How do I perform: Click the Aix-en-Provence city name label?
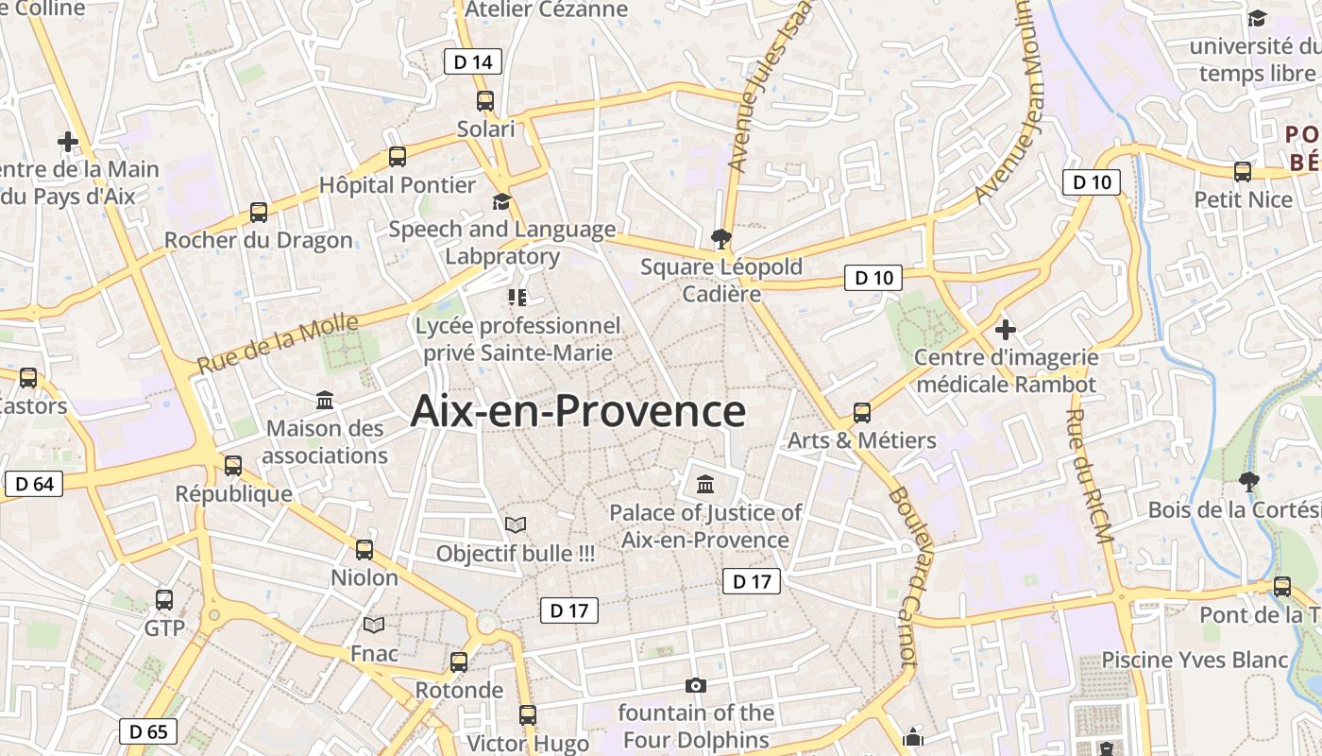[x=578, y=412]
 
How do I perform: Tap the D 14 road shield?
[x=472, y=62]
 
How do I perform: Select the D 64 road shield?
[x=34, y=485]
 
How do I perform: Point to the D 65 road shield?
[x=148, y=731]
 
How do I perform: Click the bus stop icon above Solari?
[x=485, y=101]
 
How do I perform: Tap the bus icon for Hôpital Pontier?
[x=398, y=157]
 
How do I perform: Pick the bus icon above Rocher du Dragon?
[x=259, y=213]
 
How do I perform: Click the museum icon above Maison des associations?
[x=326, y=401]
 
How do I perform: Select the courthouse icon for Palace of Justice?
[x=705, y=485]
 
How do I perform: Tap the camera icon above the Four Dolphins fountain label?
[x=696, y=685]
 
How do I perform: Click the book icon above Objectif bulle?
[x=515, y=524]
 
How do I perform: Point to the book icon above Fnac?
[x=374, y=625]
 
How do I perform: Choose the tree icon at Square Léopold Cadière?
[x=721, y=238]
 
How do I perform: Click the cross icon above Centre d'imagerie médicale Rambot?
[x=1006, y=330]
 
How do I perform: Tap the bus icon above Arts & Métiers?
[x=862, y=413]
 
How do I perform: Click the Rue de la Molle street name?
[x=278, y=344]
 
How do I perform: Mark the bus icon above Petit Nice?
[x=1243, y=172]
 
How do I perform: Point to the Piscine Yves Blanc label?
[x=1195, y=660]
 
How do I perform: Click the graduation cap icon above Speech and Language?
[x=501, y=201]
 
